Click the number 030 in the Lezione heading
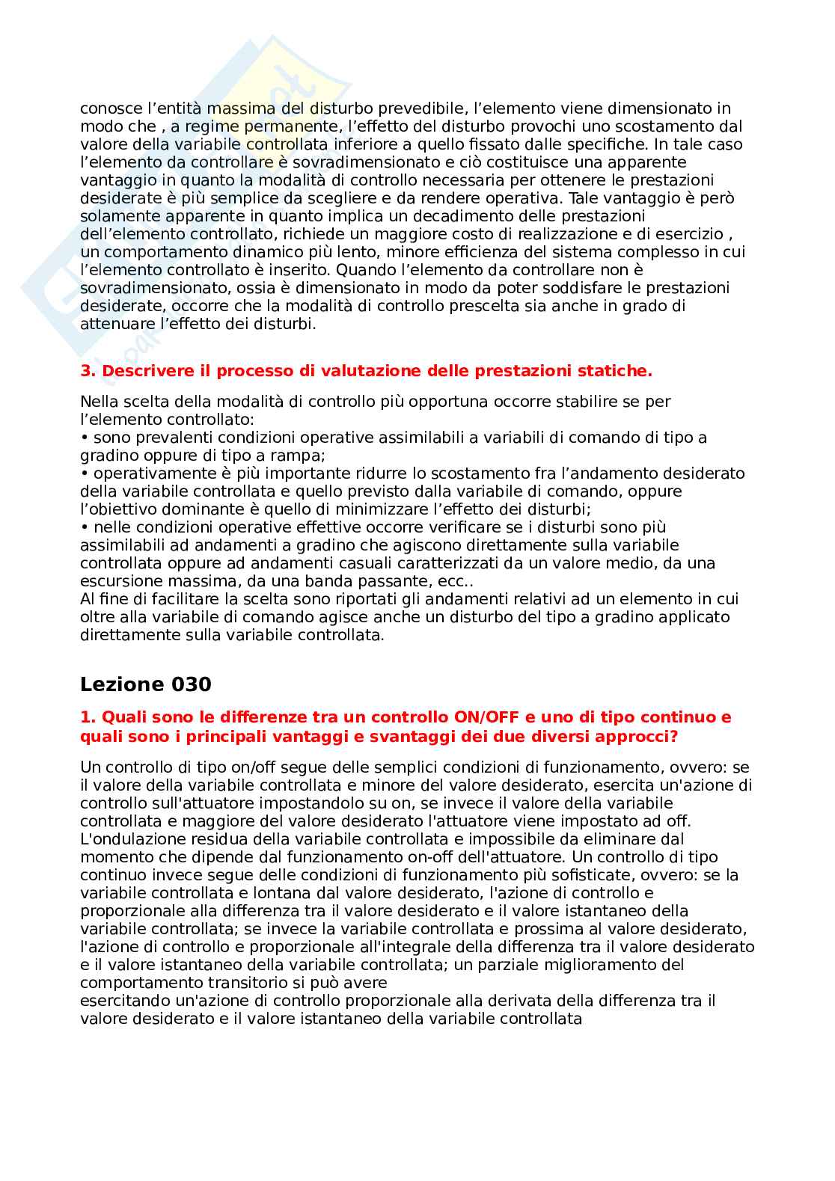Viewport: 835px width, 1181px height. (x=192, y=684)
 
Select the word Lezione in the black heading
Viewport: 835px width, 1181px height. (x=122, y=684)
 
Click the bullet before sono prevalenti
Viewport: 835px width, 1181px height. (x=85, y=438)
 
